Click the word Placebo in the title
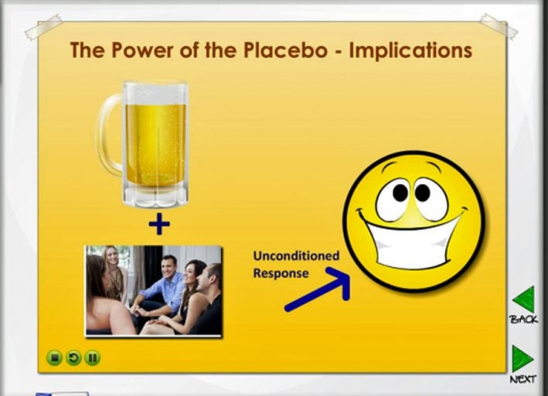coord(285,49)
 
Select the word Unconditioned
coord(296,256)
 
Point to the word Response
coord(281,273)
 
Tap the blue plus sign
coord(159,224)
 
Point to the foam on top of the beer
coord(155,94)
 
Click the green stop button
coord(54,358)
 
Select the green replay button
coord(73,358)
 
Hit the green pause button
coord(93,358)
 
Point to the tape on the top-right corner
coord(498,26)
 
